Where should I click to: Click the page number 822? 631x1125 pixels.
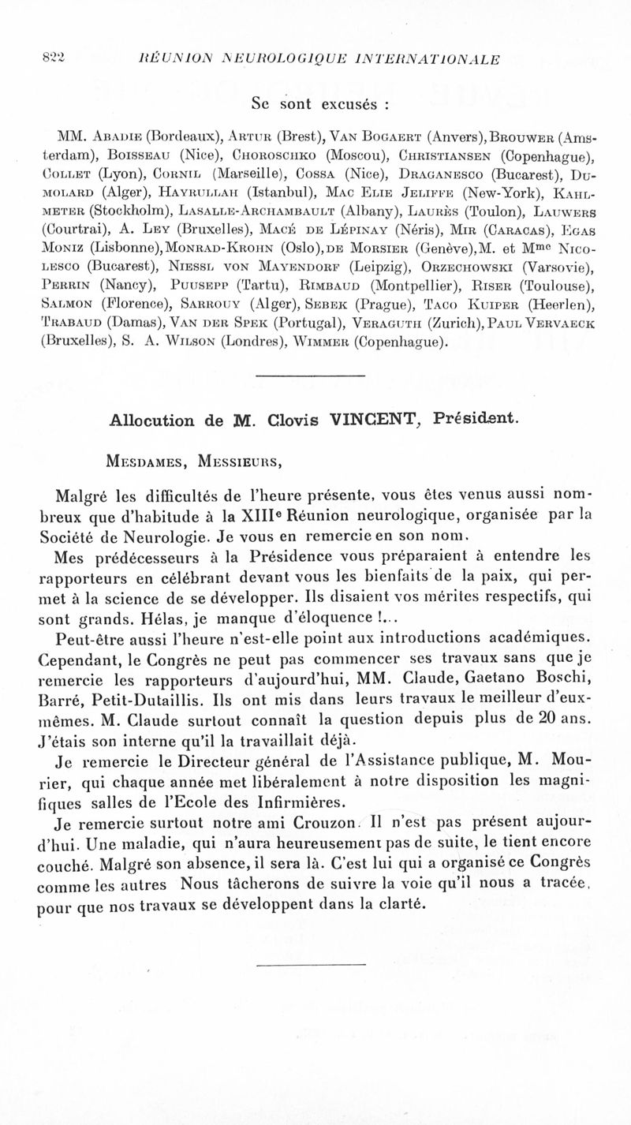pos(53,58)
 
